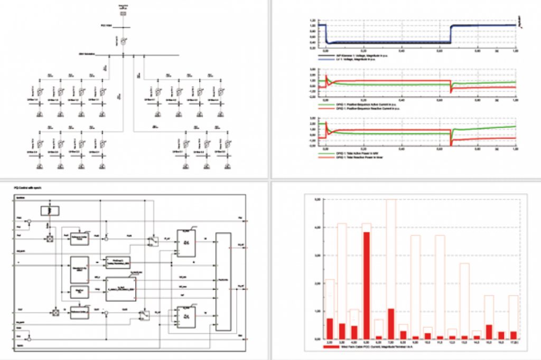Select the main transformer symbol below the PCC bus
pos(123,41)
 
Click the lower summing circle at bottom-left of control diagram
pos(30,336)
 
